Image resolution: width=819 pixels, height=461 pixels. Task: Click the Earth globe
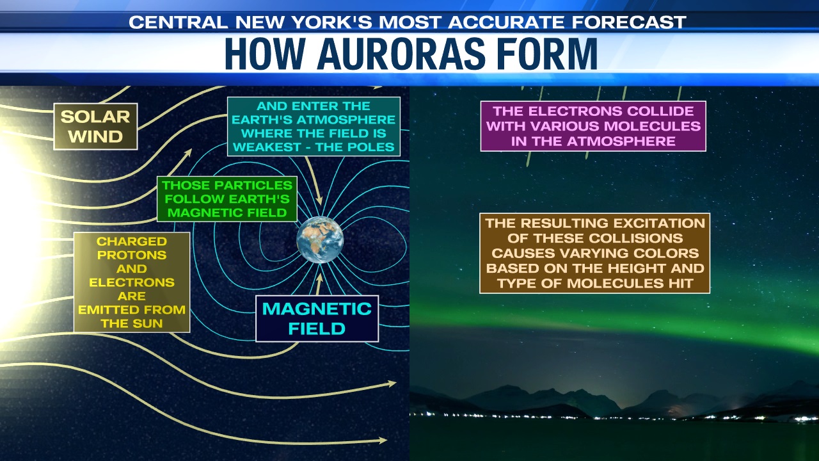click(320, 239)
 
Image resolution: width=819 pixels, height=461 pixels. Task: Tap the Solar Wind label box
click(95, 127)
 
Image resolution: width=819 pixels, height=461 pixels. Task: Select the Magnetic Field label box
click(317, 319)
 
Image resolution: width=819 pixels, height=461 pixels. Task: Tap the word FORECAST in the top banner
click(629, 22)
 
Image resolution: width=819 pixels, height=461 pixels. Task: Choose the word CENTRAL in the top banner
click(178, 22)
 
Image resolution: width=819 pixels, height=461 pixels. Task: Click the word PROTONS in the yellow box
click(132, 255)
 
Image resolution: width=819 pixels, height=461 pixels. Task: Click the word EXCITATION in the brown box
click(649, 223)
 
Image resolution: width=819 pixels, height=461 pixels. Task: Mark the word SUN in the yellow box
click(149, 323)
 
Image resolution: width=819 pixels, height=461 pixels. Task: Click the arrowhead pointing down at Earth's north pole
click(319, 200)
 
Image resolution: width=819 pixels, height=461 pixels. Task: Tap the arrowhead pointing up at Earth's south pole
click(320, 278)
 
